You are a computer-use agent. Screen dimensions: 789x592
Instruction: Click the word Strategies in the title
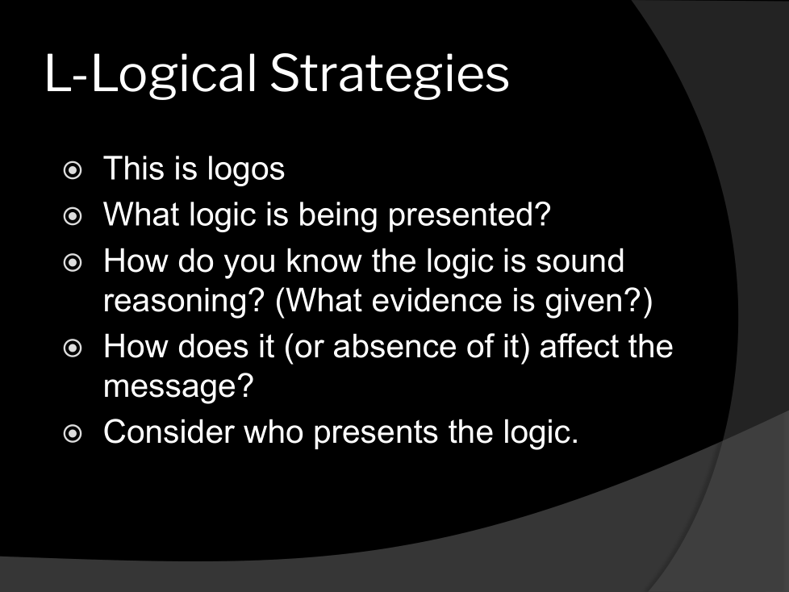(x=390, y=74)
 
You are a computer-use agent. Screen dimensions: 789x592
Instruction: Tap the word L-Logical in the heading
(x=151, y=74)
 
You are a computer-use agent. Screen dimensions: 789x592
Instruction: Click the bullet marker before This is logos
(x=73, y=170)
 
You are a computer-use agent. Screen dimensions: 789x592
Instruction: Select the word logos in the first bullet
(x=246, y=169)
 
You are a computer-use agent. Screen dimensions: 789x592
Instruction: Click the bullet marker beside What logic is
(x=73, y=216)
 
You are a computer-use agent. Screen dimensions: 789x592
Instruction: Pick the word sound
(x=580, y=261)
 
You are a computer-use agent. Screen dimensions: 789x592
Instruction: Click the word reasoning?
(x=184, y=302)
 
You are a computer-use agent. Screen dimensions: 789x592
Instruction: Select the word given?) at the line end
(x=599, y=302)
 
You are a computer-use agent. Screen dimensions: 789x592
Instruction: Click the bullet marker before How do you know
(x=73, y=262)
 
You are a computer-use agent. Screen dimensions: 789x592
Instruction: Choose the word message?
(x=178, y=387)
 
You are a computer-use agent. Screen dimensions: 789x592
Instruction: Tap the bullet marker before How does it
(x=73, y=348)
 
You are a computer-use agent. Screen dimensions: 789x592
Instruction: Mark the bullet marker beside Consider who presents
(x=73, y=433)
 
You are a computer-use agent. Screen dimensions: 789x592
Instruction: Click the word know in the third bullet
(x=324, y=261)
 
